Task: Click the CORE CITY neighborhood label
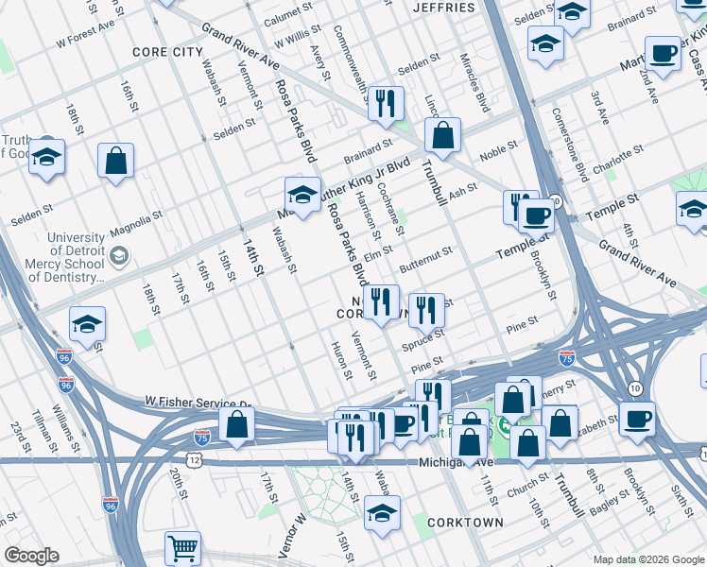[167, 51]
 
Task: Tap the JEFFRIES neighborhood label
[444, 8]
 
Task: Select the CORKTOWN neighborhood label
[465, 522]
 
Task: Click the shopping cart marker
[182, 548]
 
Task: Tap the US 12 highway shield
[194, 459]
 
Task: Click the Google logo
[31, 556]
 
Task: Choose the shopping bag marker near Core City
[115, 161]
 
